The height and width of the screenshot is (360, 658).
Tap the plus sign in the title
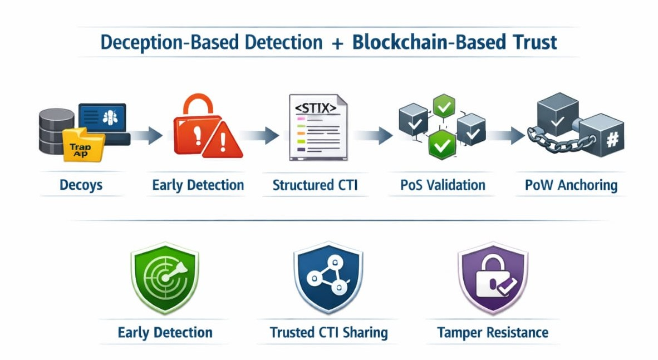pyautogui.click(x=337, y=43)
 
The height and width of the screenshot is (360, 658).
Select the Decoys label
pyautogui.click(x=81, y=185)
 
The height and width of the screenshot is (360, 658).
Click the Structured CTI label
pyautogui.click(x=315, y=185)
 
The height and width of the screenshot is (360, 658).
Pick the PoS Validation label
pyautogui.click(x=443, y=185)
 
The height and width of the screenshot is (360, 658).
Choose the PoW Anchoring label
pyautogui.click(x=571, y=185)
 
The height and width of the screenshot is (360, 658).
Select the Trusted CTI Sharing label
pyautogui.click(x=328, y=333)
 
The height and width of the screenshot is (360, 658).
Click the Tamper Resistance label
pyautogui.click(x=493, y=333)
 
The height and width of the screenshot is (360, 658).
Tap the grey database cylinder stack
pyautogui.click(x=56, y=131)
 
